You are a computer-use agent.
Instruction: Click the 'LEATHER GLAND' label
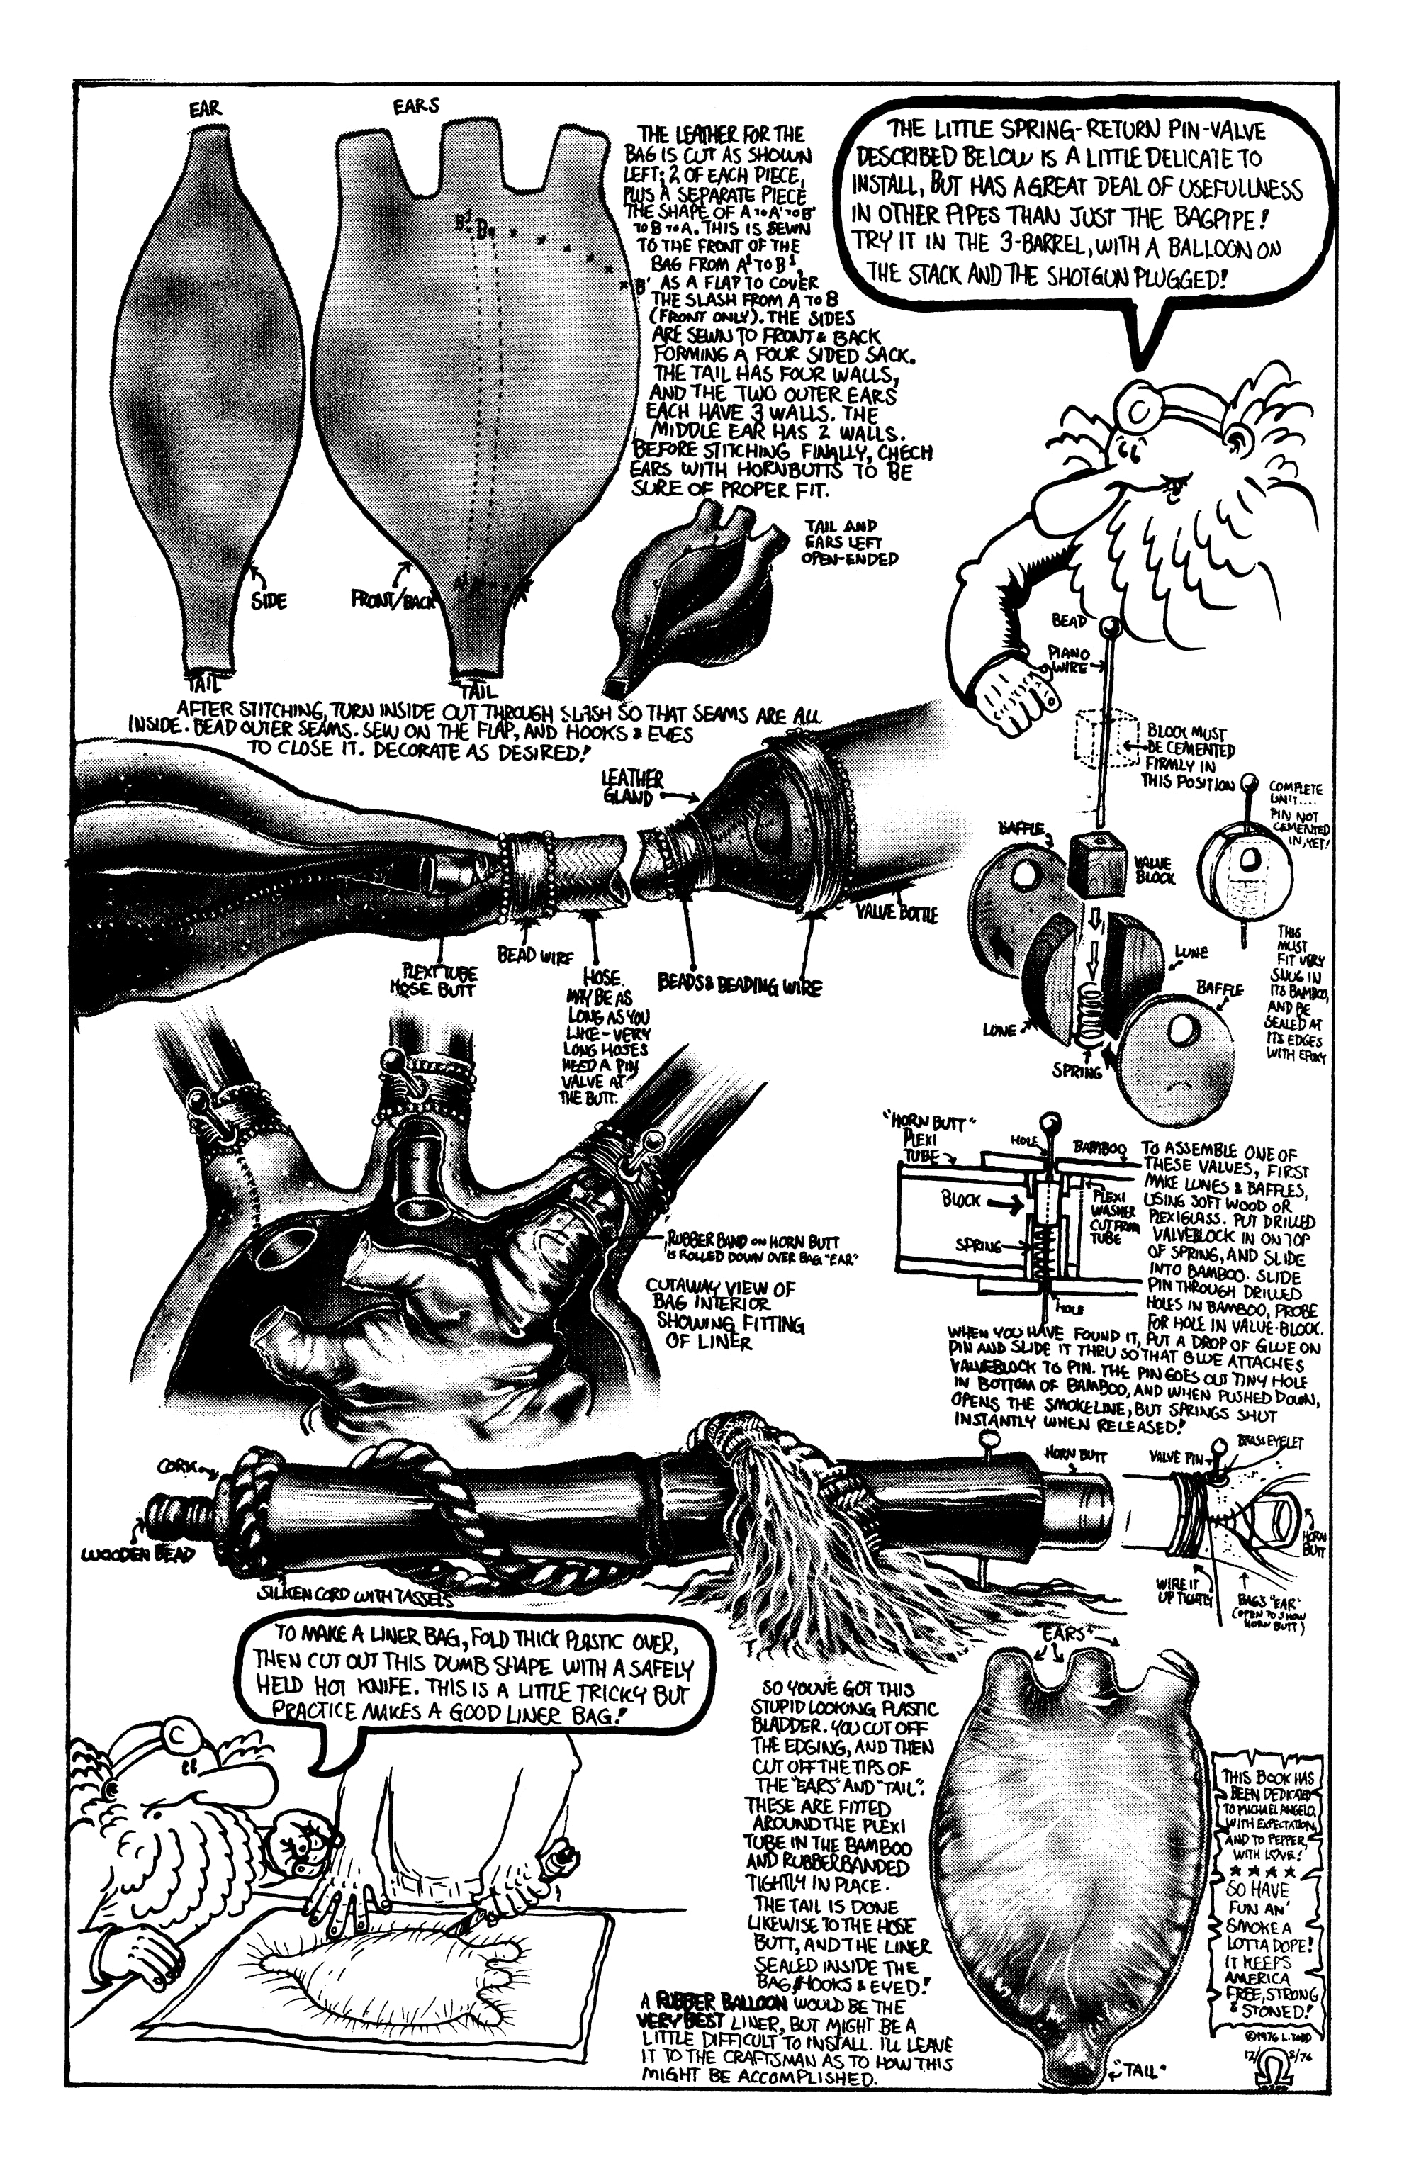634,788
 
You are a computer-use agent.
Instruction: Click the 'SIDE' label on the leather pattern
269,600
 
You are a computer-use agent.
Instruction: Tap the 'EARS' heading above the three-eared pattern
416,106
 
